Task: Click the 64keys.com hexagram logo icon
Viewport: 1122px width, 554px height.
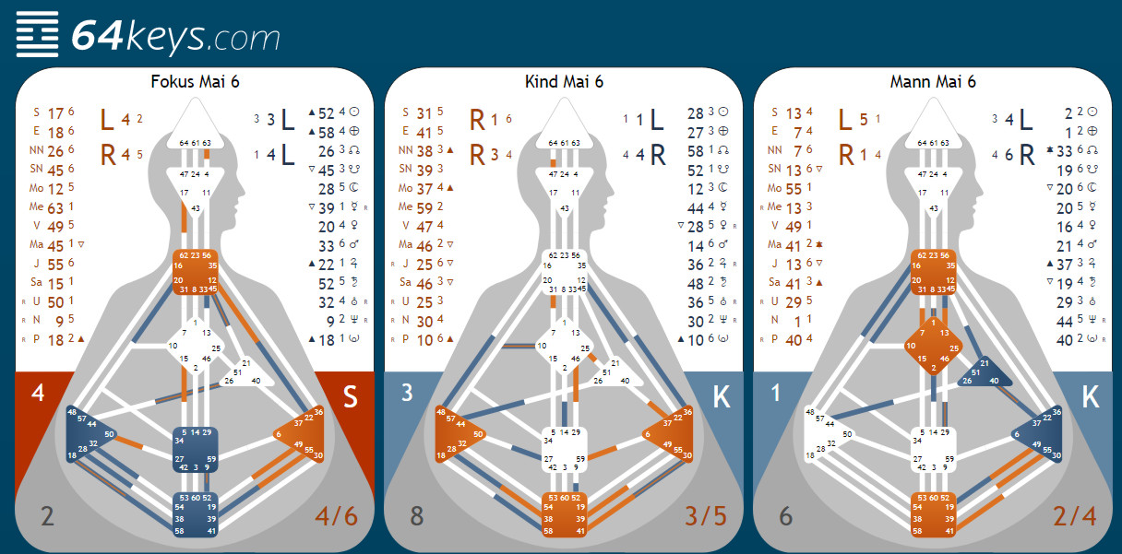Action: tap(36, 35)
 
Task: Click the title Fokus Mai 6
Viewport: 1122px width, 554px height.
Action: tap(195, 81)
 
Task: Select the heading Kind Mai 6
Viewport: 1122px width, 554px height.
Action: tap(564, 81)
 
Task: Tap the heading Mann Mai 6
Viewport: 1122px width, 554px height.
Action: tap(933, 81)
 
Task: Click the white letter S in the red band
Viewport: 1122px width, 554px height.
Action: tap(350, 397)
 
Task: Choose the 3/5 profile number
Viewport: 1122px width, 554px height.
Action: tap(705, 515)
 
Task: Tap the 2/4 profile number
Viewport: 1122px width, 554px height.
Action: tap(1074, 515)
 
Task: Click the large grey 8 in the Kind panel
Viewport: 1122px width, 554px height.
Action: tap(416, 515)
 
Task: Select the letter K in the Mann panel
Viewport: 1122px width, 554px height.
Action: tap(1090, 397)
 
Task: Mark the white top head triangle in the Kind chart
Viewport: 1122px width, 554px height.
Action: tap(564, 129)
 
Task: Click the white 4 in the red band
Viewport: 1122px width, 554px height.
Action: tap(38, 394)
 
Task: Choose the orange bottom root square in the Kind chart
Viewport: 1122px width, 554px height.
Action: tap(564, 514)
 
